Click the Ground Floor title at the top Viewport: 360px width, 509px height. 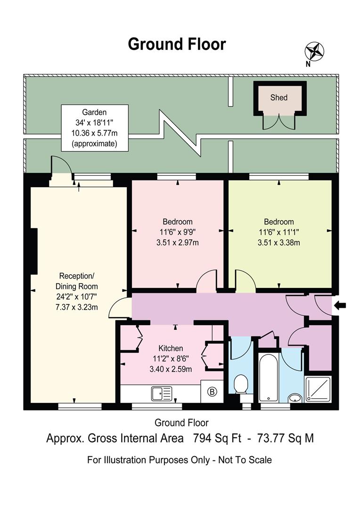tap(177, 44)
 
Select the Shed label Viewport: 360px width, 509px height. tap(278, 98)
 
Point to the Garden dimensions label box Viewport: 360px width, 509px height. tap(94, 128)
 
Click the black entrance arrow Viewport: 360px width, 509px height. tap(340, 305)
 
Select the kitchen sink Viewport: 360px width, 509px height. tap(162, 393)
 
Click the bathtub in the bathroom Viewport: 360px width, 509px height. tap(268, 377)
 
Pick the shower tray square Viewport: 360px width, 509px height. tap(320, 389)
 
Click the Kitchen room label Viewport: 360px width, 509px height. tap(171, 348)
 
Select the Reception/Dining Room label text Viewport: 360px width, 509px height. tap(78, 281)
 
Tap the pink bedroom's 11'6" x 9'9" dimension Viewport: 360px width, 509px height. tap(177, 232)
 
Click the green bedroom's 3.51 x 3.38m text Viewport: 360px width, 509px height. tap(278, 243)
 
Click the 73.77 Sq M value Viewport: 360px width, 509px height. tap(286, 438)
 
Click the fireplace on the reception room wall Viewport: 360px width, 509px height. tap(33, 251)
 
